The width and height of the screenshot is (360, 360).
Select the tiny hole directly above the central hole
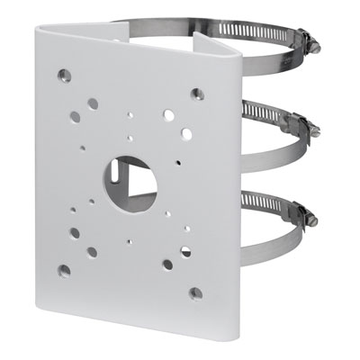131,139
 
